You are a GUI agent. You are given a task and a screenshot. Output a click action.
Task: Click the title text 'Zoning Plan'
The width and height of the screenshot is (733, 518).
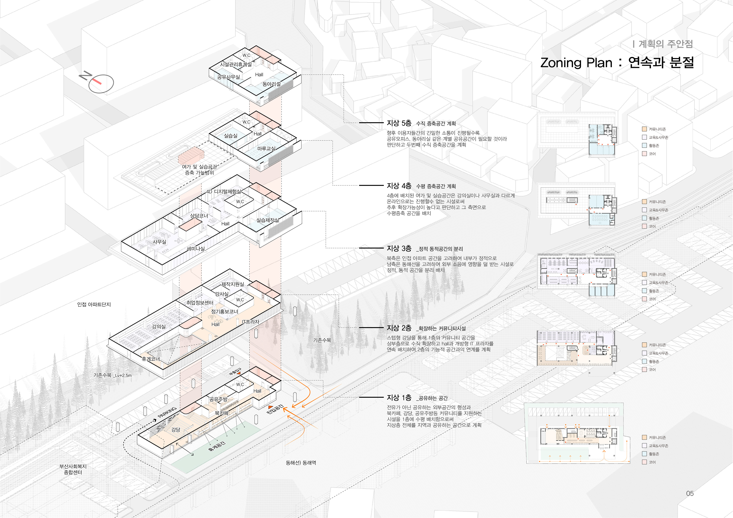pyautogui.click(x=576, y=63)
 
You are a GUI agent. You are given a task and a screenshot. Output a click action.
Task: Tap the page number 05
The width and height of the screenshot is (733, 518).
pyautogui.click(x=690, y=493)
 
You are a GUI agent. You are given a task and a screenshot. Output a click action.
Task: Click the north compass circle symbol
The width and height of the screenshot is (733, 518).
pyautogui.click(x=101, y=84)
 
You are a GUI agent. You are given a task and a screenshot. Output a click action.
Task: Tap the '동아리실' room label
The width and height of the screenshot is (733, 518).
pyautogui.click(x=271, y=84)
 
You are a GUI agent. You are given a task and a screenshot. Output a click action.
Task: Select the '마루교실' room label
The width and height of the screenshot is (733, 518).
pyautogui.click(x=266, y=149)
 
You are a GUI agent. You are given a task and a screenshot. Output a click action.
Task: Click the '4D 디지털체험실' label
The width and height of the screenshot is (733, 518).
pyautogui.click(x=224, y=191)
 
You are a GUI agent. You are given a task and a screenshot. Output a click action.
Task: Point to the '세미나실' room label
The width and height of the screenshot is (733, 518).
pyautogui.click(x=196, y=249)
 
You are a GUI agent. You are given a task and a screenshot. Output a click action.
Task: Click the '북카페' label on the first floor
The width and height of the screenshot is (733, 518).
pyautogui.click(x=222, y=413)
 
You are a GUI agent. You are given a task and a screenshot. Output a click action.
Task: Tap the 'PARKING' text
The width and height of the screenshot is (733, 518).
pyautogui.click(x=167, y=412)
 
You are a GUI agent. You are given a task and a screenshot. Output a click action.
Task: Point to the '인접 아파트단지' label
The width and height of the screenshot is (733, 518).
pyautogui.click(x=94, y=304)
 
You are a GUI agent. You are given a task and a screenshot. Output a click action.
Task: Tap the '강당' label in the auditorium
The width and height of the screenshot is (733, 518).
pyautogui.click(x=176, y=430)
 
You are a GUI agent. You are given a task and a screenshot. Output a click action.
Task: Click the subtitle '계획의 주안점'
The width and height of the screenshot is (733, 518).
pyautogui.click(x=666, y=44)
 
